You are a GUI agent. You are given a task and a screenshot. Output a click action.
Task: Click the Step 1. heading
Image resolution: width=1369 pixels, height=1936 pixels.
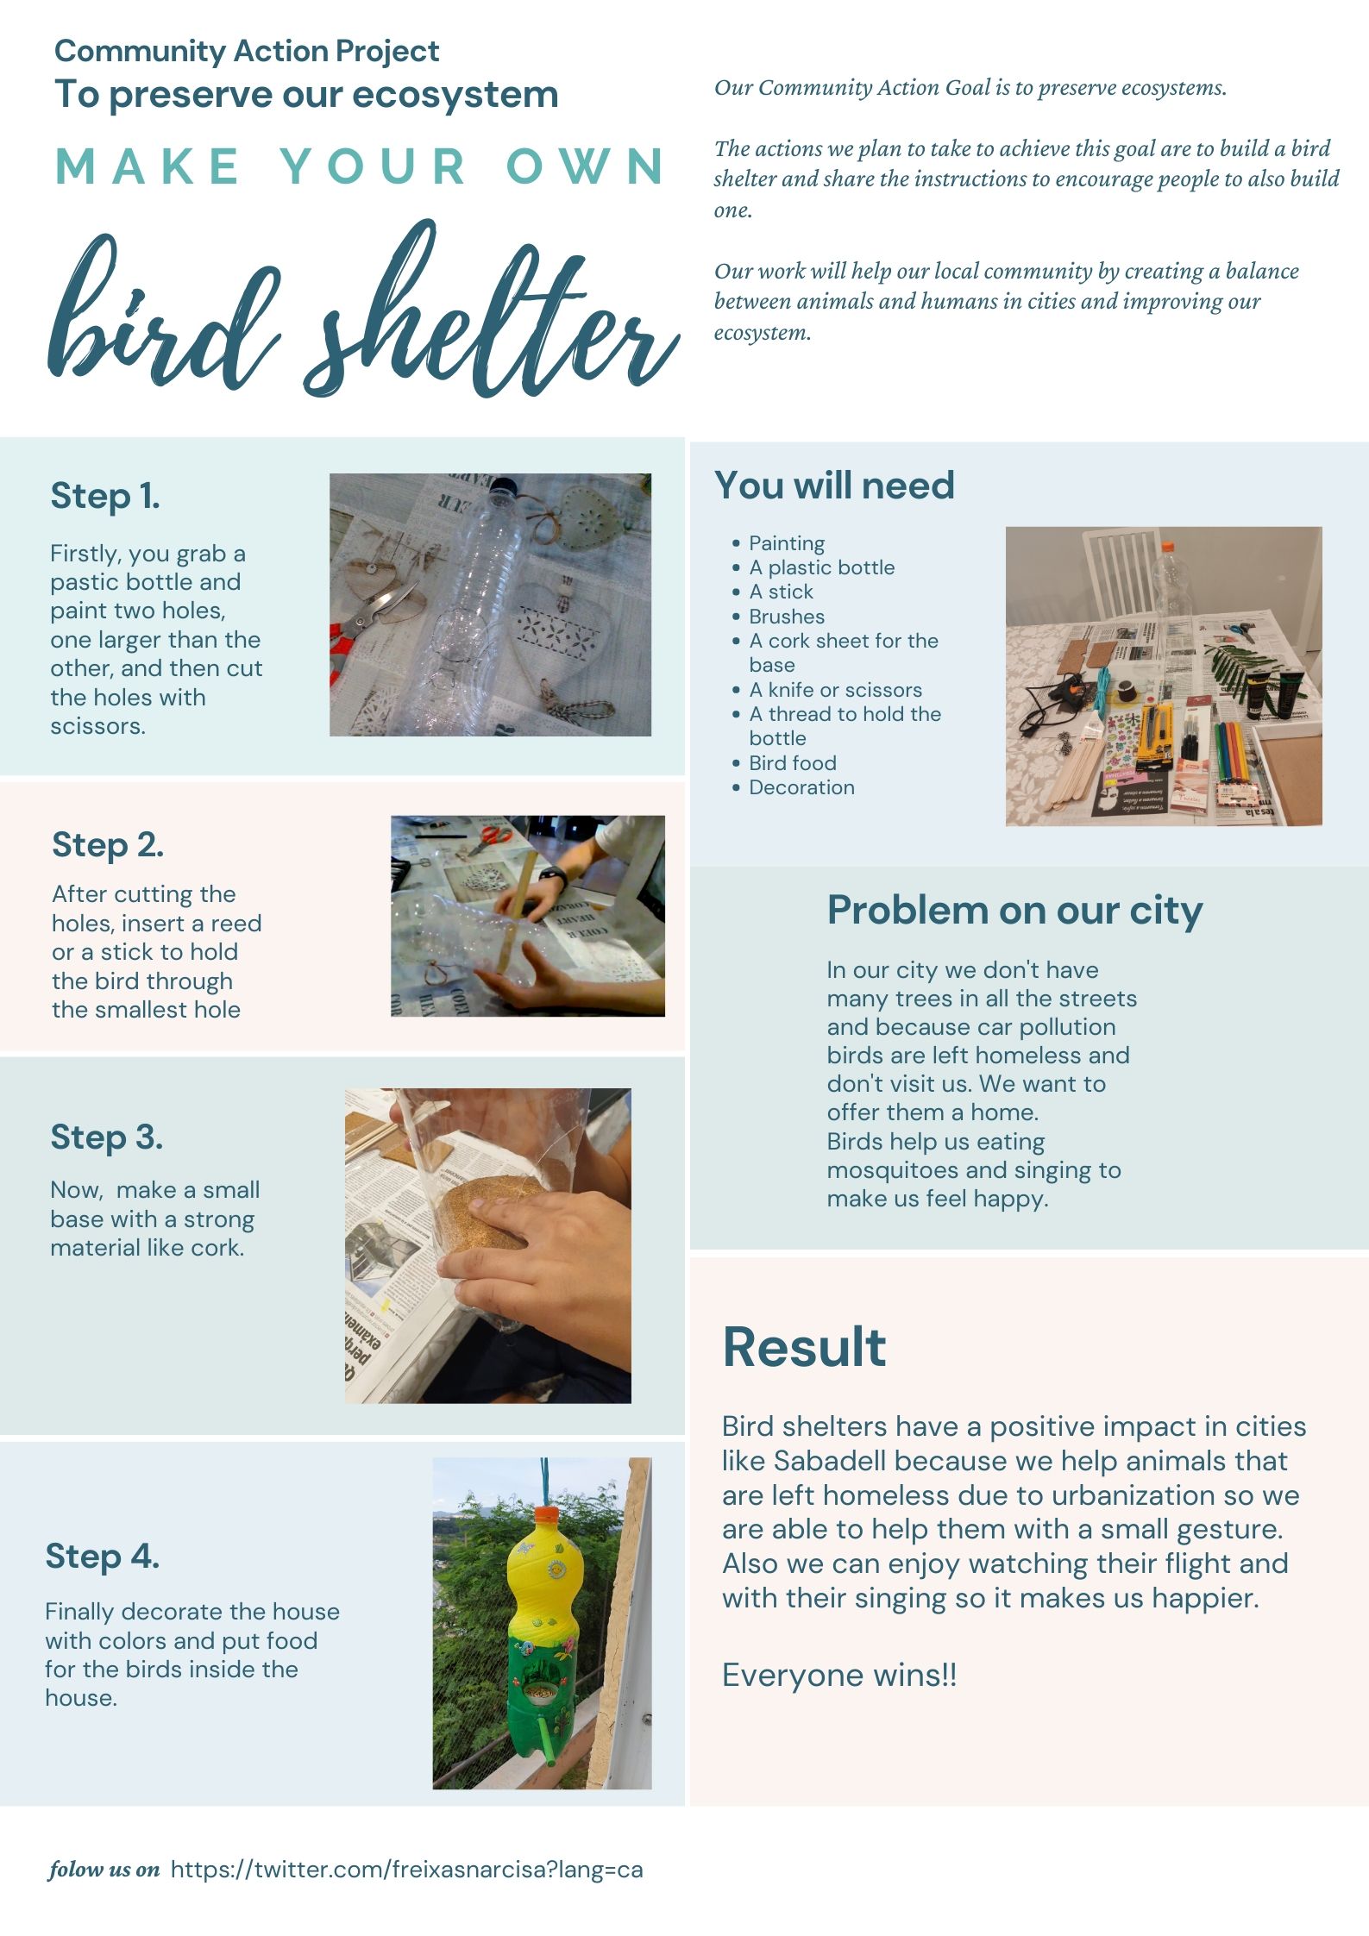pyautogui.click(x=105, y=496)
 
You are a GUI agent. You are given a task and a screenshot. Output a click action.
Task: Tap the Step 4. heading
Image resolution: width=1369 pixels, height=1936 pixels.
pyautogui.click(x=103, y=1557)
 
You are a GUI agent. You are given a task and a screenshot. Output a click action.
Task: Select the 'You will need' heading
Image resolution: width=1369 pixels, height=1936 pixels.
pyautogui.click(x=834, y=485)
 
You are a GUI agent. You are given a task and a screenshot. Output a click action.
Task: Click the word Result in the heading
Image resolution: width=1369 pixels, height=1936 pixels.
pyautogui.click(x=804, y=1347)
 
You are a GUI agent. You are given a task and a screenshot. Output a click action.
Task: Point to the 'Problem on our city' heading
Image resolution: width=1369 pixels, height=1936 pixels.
pyautogui.click(x=1014, y=911)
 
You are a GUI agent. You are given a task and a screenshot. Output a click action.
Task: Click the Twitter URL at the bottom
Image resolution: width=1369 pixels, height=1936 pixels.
pyautogui.click(x=406, y=1869)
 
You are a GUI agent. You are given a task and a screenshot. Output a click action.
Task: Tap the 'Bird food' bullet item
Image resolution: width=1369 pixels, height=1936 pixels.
pyautogui.click(x=793, y=763)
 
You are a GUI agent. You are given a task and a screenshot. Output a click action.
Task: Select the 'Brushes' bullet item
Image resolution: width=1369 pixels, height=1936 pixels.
pyautogui.click(x=787, y=617)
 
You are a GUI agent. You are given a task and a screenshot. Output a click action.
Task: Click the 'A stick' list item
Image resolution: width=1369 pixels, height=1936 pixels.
pyautogui.click(x=781, y=592)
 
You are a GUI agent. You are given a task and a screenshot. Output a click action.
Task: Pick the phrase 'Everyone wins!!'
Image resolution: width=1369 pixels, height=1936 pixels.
pyautogui.click(x=839, y=1676)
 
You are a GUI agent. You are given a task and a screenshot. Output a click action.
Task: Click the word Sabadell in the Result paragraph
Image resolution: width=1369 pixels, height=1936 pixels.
pyautogui.click(x=830, y=1461)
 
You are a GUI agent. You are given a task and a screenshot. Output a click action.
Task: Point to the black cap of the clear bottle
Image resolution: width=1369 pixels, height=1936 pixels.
pyautogui.click(x=503, y=488)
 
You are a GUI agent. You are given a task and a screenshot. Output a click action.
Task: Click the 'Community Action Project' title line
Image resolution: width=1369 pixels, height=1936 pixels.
pyautogui.click(x=247, y=52)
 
